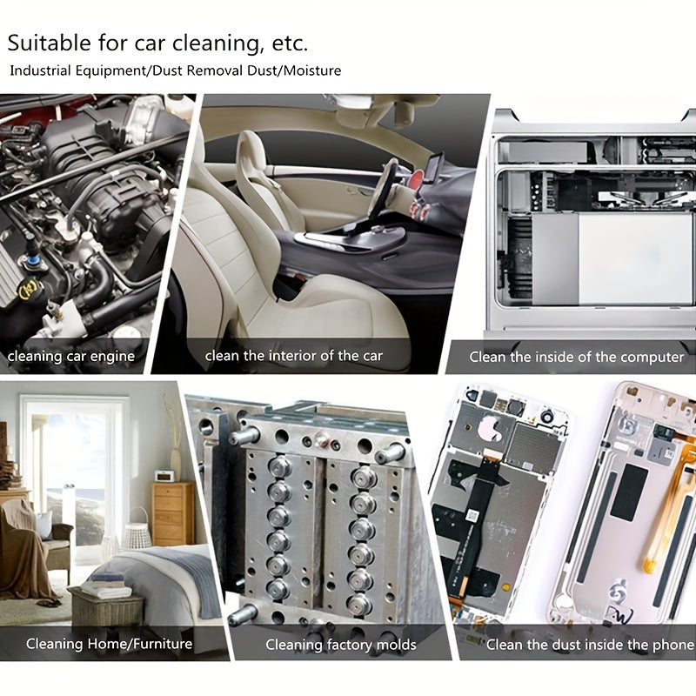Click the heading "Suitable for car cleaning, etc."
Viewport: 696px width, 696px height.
[157, 43]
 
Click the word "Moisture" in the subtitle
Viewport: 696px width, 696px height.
[312, 70]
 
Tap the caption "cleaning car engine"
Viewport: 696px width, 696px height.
[71, 357]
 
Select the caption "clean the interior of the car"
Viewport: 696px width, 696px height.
[293, 356]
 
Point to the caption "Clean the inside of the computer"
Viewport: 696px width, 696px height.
[577, 357]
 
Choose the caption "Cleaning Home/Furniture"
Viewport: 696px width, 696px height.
[110, 644]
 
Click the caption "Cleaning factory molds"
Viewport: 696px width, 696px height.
[341, 645]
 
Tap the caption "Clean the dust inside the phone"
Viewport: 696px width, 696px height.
[591, 645]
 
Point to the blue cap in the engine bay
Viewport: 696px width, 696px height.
[32, 260]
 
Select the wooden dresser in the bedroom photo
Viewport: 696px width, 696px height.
[172, 514]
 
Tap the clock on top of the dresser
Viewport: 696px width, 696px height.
[164, 475]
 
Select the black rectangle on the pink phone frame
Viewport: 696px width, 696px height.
[629, 492]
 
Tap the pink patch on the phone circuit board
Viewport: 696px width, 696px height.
[490, 427]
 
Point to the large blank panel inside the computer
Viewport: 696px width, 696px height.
[636, 258]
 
